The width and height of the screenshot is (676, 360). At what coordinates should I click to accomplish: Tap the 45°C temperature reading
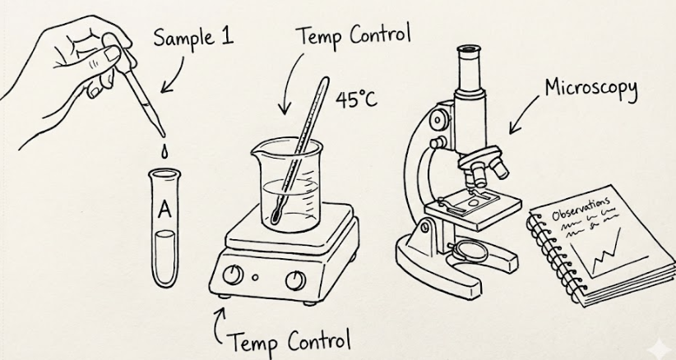356,99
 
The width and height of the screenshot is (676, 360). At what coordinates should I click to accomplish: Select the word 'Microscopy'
590,89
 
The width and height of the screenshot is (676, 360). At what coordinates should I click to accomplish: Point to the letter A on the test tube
164,210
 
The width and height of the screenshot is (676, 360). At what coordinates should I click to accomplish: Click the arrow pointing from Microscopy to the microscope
521,115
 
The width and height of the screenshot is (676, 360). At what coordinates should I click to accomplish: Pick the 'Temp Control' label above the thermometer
353,37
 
